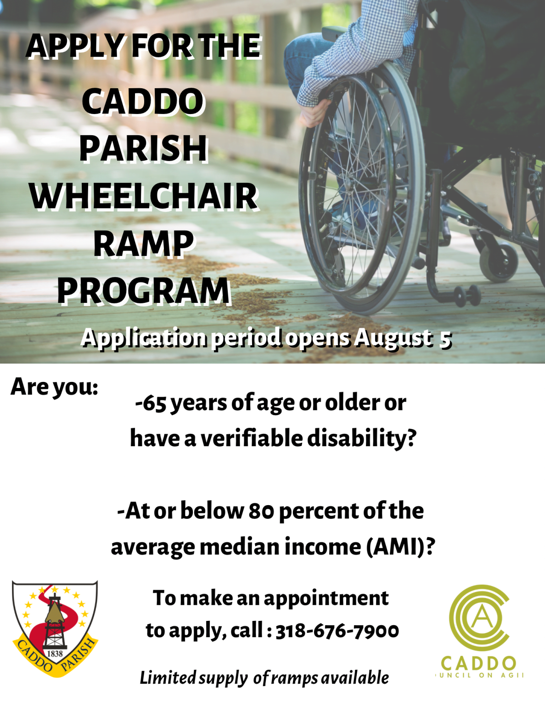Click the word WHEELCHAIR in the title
click(143, 196)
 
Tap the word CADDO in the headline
click(142, 102)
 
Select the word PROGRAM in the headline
click(143, 291)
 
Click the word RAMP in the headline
click(143, 244)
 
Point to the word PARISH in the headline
click(143, 148)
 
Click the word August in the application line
click(393, 338)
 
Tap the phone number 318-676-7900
click(337, 631)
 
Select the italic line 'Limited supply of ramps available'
click(264, 678)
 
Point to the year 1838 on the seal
click(55, 654)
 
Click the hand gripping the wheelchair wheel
click(316, 110)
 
